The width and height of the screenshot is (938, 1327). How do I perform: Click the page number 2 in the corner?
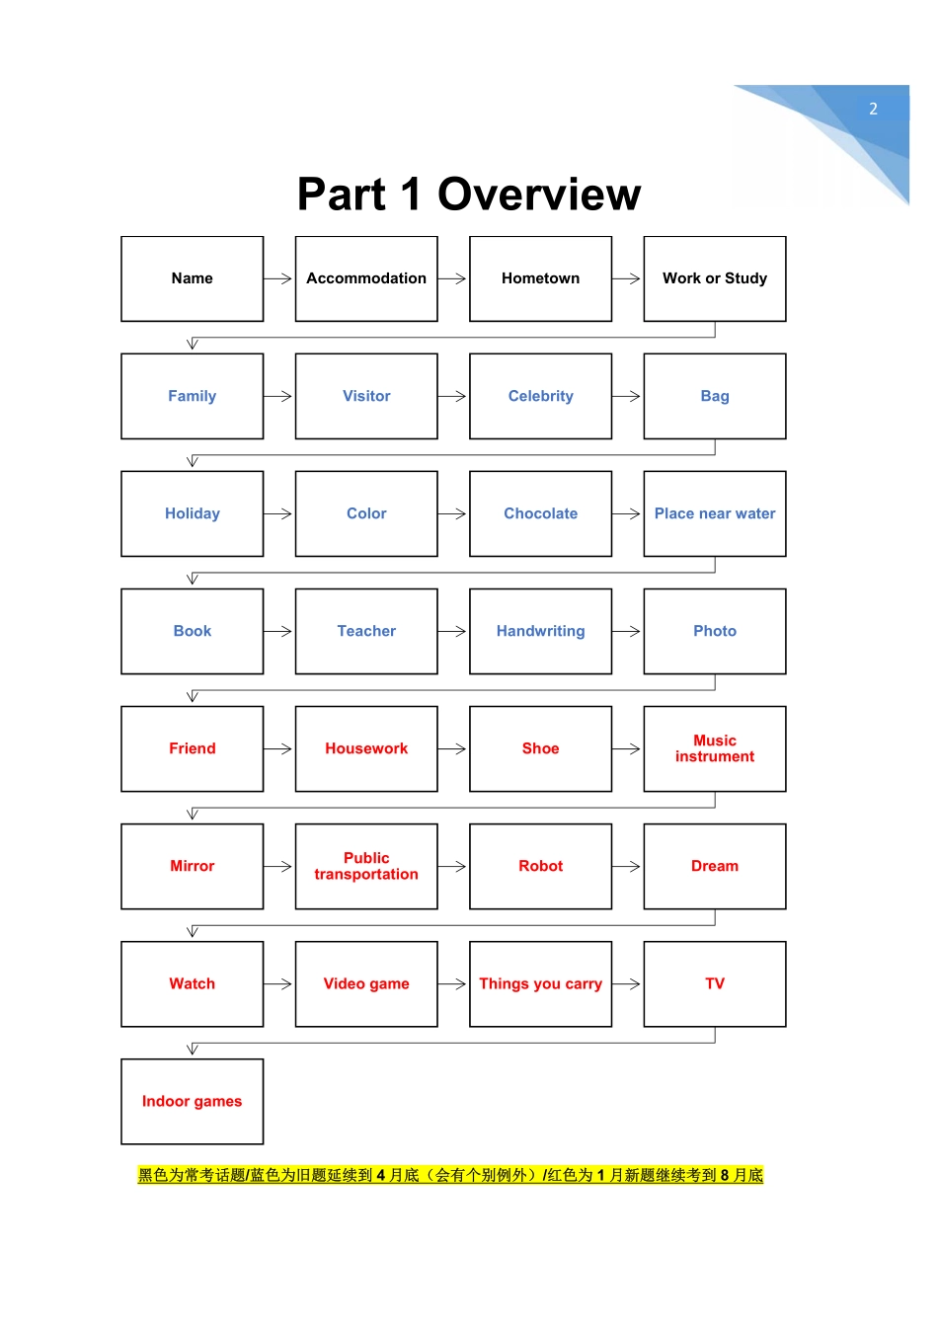tap(873, 110)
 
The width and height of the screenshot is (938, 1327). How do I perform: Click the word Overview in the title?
tap(539, 195)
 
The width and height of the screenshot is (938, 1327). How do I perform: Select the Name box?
tap(193, 278)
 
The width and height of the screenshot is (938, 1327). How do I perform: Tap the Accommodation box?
tap(366, 278)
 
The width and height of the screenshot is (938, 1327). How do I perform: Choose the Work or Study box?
tap(715, 278)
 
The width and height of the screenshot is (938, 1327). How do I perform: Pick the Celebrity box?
tap(540, 396)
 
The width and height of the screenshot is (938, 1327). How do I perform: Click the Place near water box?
tap(715, 513)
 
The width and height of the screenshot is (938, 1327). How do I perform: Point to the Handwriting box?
tap(540, 631)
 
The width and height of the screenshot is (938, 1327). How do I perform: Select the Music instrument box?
tap(715, 748)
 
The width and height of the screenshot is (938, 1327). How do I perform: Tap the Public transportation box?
tap(366, 866)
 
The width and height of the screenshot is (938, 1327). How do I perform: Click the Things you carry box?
tap(540, 983)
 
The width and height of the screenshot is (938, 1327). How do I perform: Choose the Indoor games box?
tap(193, 1101)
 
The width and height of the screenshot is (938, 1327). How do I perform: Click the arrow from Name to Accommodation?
tap(279, 278)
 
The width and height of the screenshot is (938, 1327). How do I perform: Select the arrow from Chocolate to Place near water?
tap(628, 513)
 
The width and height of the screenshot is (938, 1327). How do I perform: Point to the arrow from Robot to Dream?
tap(628, 866)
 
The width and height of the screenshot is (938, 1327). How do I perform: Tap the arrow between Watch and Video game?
tap(279, 983)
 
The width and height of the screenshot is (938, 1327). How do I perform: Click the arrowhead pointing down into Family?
tap(193, 344)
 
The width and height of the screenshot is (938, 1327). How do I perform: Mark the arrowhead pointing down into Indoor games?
tap(193, 1049)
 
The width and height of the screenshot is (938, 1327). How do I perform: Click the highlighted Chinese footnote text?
tap(450, 1175)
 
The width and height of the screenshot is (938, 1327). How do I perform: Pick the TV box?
tap(715, 983)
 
